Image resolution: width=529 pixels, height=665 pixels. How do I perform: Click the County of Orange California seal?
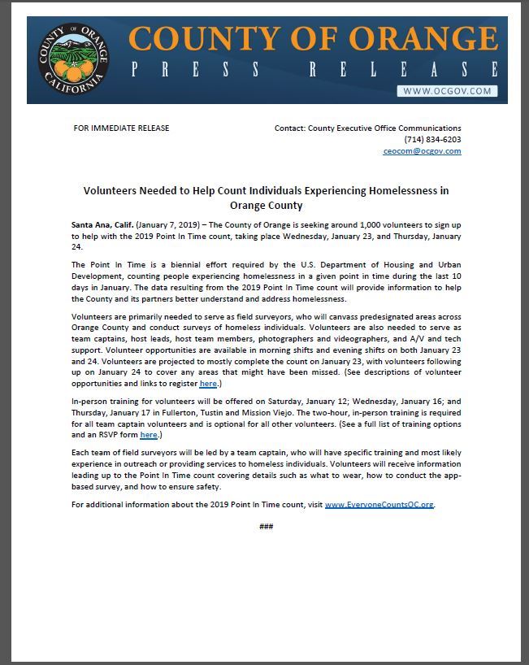[71, 61]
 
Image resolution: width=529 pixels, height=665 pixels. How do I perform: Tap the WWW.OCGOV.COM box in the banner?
[447, 91]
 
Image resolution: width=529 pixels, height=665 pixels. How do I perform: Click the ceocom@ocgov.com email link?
[422, 151]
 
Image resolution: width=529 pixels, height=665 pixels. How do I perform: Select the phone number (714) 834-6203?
[432, 140]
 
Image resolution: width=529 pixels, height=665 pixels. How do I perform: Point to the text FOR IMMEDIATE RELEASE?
[121, 128]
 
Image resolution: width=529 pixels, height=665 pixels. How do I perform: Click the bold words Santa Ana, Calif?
[102, 223]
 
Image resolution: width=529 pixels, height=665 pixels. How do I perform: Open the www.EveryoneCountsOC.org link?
[379, 505]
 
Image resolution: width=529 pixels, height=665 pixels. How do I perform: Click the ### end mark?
[266, 527]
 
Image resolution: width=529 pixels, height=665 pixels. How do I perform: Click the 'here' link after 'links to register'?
[207, 384]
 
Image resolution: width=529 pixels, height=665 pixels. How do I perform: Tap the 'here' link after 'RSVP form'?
[148, 435]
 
